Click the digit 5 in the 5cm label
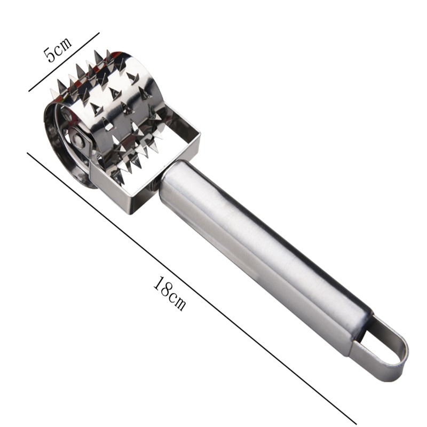pos(50,54)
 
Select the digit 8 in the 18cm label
pos(167,289)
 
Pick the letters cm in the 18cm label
pos(178,302)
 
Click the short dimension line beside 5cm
pos(64,62)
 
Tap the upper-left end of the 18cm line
pos(28,154)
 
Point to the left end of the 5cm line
pos(29,91)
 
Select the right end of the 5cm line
pos(99,33)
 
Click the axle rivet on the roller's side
pos(79,141)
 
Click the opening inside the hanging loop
pos(382,345)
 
